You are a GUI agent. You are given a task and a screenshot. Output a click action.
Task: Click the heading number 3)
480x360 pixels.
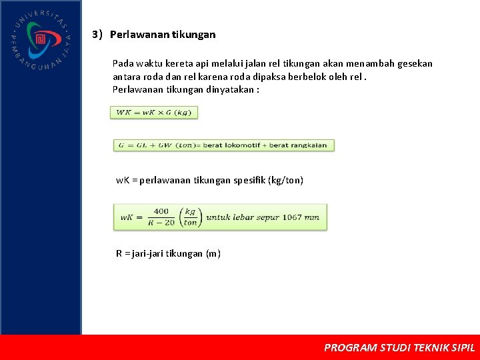pos(97,34)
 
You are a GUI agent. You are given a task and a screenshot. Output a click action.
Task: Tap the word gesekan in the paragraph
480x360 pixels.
pos(415,63)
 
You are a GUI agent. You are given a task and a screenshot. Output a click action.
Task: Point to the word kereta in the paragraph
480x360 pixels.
pos(174,63)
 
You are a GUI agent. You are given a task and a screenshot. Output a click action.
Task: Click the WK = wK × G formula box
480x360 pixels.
pos(154,113)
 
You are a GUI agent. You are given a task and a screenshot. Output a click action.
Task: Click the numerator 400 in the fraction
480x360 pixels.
pos(161,211)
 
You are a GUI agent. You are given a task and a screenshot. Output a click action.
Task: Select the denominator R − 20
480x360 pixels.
pos(161,223)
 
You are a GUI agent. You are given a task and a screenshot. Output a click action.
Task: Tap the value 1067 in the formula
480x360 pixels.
pos(292,217)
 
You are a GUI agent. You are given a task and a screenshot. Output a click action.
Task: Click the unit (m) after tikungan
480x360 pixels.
pos(213,254)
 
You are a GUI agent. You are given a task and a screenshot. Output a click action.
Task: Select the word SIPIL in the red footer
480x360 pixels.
pos(463,348)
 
